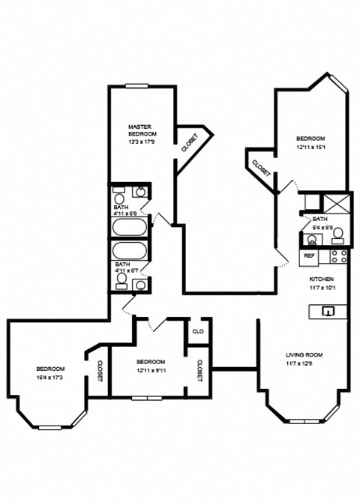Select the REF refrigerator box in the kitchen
tap(308, 256)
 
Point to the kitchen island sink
tap(327, 311)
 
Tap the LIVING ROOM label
tap(304, 354)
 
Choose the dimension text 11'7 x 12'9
tap(304, 364)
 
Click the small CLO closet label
tap(198, 331)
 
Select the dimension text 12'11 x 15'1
tap(310, 148)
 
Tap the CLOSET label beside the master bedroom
tap(189, 142)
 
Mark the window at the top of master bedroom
tap(136, 86)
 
